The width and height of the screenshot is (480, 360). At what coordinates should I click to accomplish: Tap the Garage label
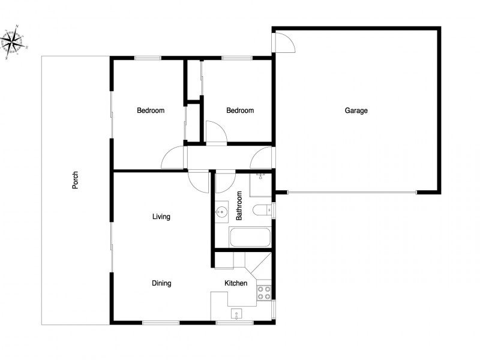(356, 110)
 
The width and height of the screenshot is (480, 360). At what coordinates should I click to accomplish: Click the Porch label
(76, 181)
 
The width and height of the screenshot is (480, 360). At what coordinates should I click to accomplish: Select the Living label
(161, 217)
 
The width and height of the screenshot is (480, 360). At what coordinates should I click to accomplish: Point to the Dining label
(161, 283)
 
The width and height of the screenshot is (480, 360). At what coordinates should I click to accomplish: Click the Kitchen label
(236, 283)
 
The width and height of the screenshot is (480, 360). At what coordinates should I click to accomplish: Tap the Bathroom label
(239, 206)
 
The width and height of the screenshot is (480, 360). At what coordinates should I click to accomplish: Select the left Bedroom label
(151, 110)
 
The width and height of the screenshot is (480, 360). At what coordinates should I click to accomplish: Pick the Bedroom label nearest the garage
(240, 110)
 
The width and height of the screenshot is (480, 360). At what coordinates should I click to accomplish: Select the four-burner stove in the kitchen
(264, 293)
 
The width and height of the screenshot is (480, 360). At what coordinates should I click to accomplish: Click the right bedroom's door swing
(215, 132)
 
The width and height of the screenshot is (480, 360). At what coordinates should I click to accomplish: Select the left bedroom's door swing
(172, 158)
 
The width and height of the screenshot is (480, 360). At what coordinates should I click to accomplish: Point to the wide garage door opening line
(351, 193)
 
